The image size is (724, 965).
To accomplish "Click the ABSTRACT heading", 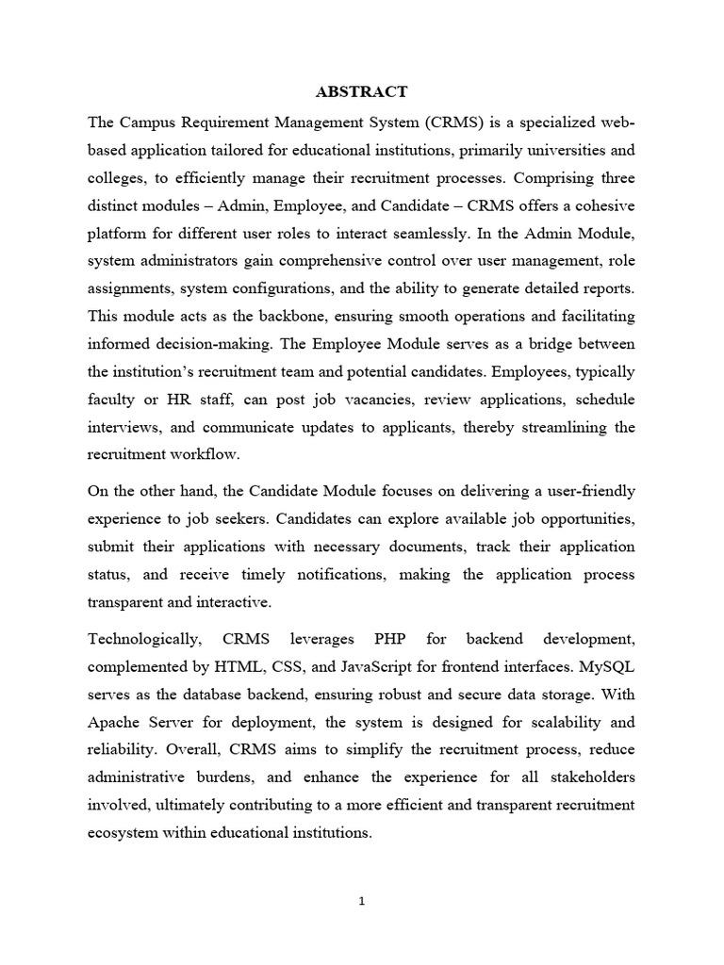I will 362,91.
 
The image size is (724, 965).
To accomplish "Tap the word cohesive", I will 604,204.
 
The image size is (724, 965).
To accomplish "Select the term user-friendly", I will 582,491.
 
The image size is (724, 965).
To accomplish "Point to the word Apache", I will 116,723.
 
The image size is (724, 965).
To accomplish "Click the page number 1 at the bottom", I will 361,901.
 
